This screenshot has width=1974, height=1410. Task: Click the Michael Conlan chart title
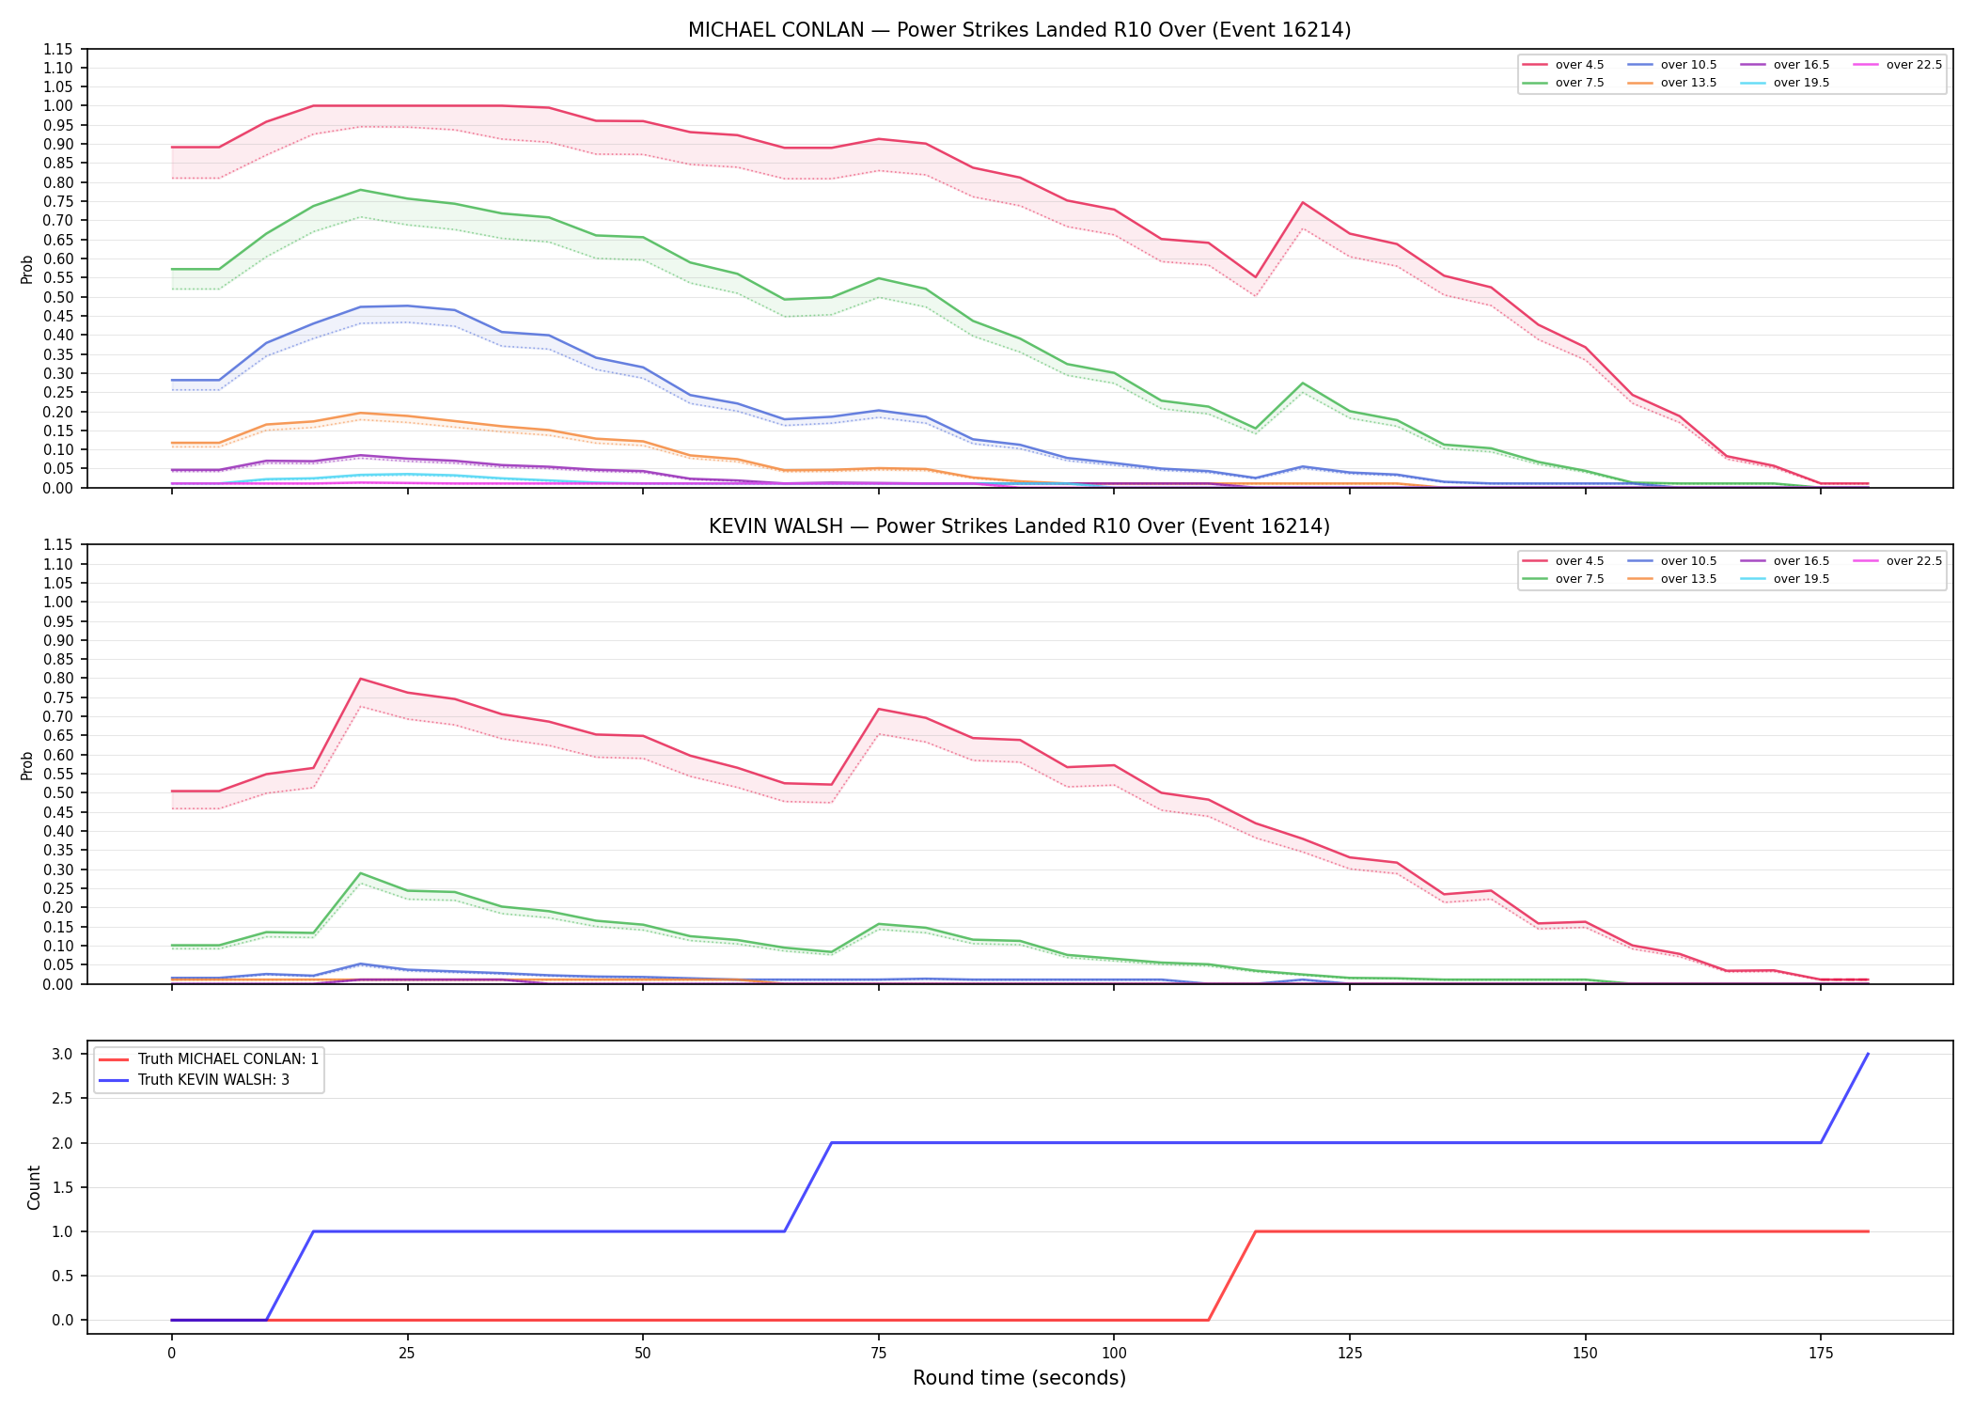[1019, 30]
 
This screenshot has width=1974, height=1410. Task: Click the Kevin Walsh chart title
[1019, 526]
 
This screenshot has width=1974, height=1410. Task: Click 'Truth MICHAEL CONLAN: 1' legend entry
[209, 1059]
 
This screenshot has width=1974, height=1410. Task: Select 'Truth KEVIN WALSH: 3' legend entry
[195, 1080]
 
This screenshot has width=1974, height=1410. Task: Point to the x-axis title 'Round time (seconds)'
[1019, 1378]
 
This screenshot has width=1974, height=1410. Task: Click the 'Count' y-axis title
[35, 1187]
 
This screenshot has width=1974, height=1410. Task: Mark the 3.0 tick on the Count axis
[63, 1054]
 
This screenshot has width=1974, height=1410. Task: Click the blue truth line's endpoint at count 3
[1868, 1054]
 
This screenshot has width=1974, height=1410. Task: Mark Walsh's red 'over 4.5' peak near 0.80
[361, 679]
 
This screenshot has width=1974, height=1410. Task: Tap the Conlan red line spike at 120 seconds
[1303, 202]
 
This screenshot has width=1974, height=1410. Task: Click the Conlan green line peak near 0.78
[361, 190]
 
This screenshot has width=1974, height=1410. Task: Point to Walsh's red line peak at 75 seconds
[879, 709]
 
